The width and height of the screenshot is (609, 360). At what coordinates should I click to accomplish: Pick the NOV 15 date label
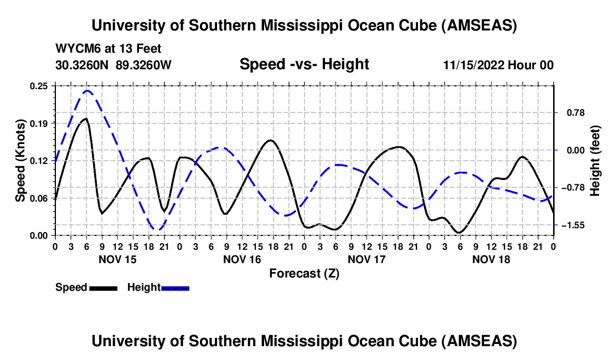[x=117, y=259]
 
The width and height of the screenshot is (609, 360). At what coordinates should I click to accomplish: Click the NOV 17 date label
[x=366, y=259]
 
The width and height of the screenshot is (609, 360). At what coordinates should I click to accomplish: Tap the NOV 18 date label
[x=491, y=259]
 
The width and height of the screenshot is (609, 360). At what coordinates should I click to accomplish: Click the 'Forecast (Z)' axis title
[x=304, y=273]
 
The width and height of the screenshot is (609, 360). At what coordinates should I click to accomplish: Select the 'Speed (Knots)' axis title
[x=20, y=161]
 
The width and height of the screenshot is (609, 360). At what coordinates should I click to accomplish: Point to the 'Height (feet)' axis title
[x=596, y=161]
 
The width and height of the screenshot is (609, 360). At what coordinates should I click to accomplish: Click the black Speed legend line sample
[x=103, y=287]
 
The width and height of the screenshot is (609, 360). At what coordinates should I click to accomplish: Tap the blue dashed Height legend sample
[x=175, y=287]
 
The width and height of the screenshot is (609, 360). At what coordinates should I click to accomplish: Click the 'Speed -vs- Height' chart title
[x=304, y=64]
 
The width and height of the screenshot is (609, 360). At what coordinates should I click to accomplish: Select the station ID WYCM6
[x=76, y=49]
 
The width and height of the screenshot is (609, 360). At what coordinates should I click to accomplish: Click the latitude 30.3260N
[x=83, y=65]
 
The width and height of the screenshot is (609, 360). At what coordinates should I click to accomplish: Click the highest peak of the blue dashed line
[x=87, y=90]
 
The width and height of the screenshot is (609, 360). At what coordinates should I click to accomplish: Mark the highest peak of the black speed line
[x=86, y=119]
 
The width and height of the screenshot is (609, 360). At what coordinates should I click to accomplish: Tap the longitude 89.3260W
[x=144, y=65]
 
